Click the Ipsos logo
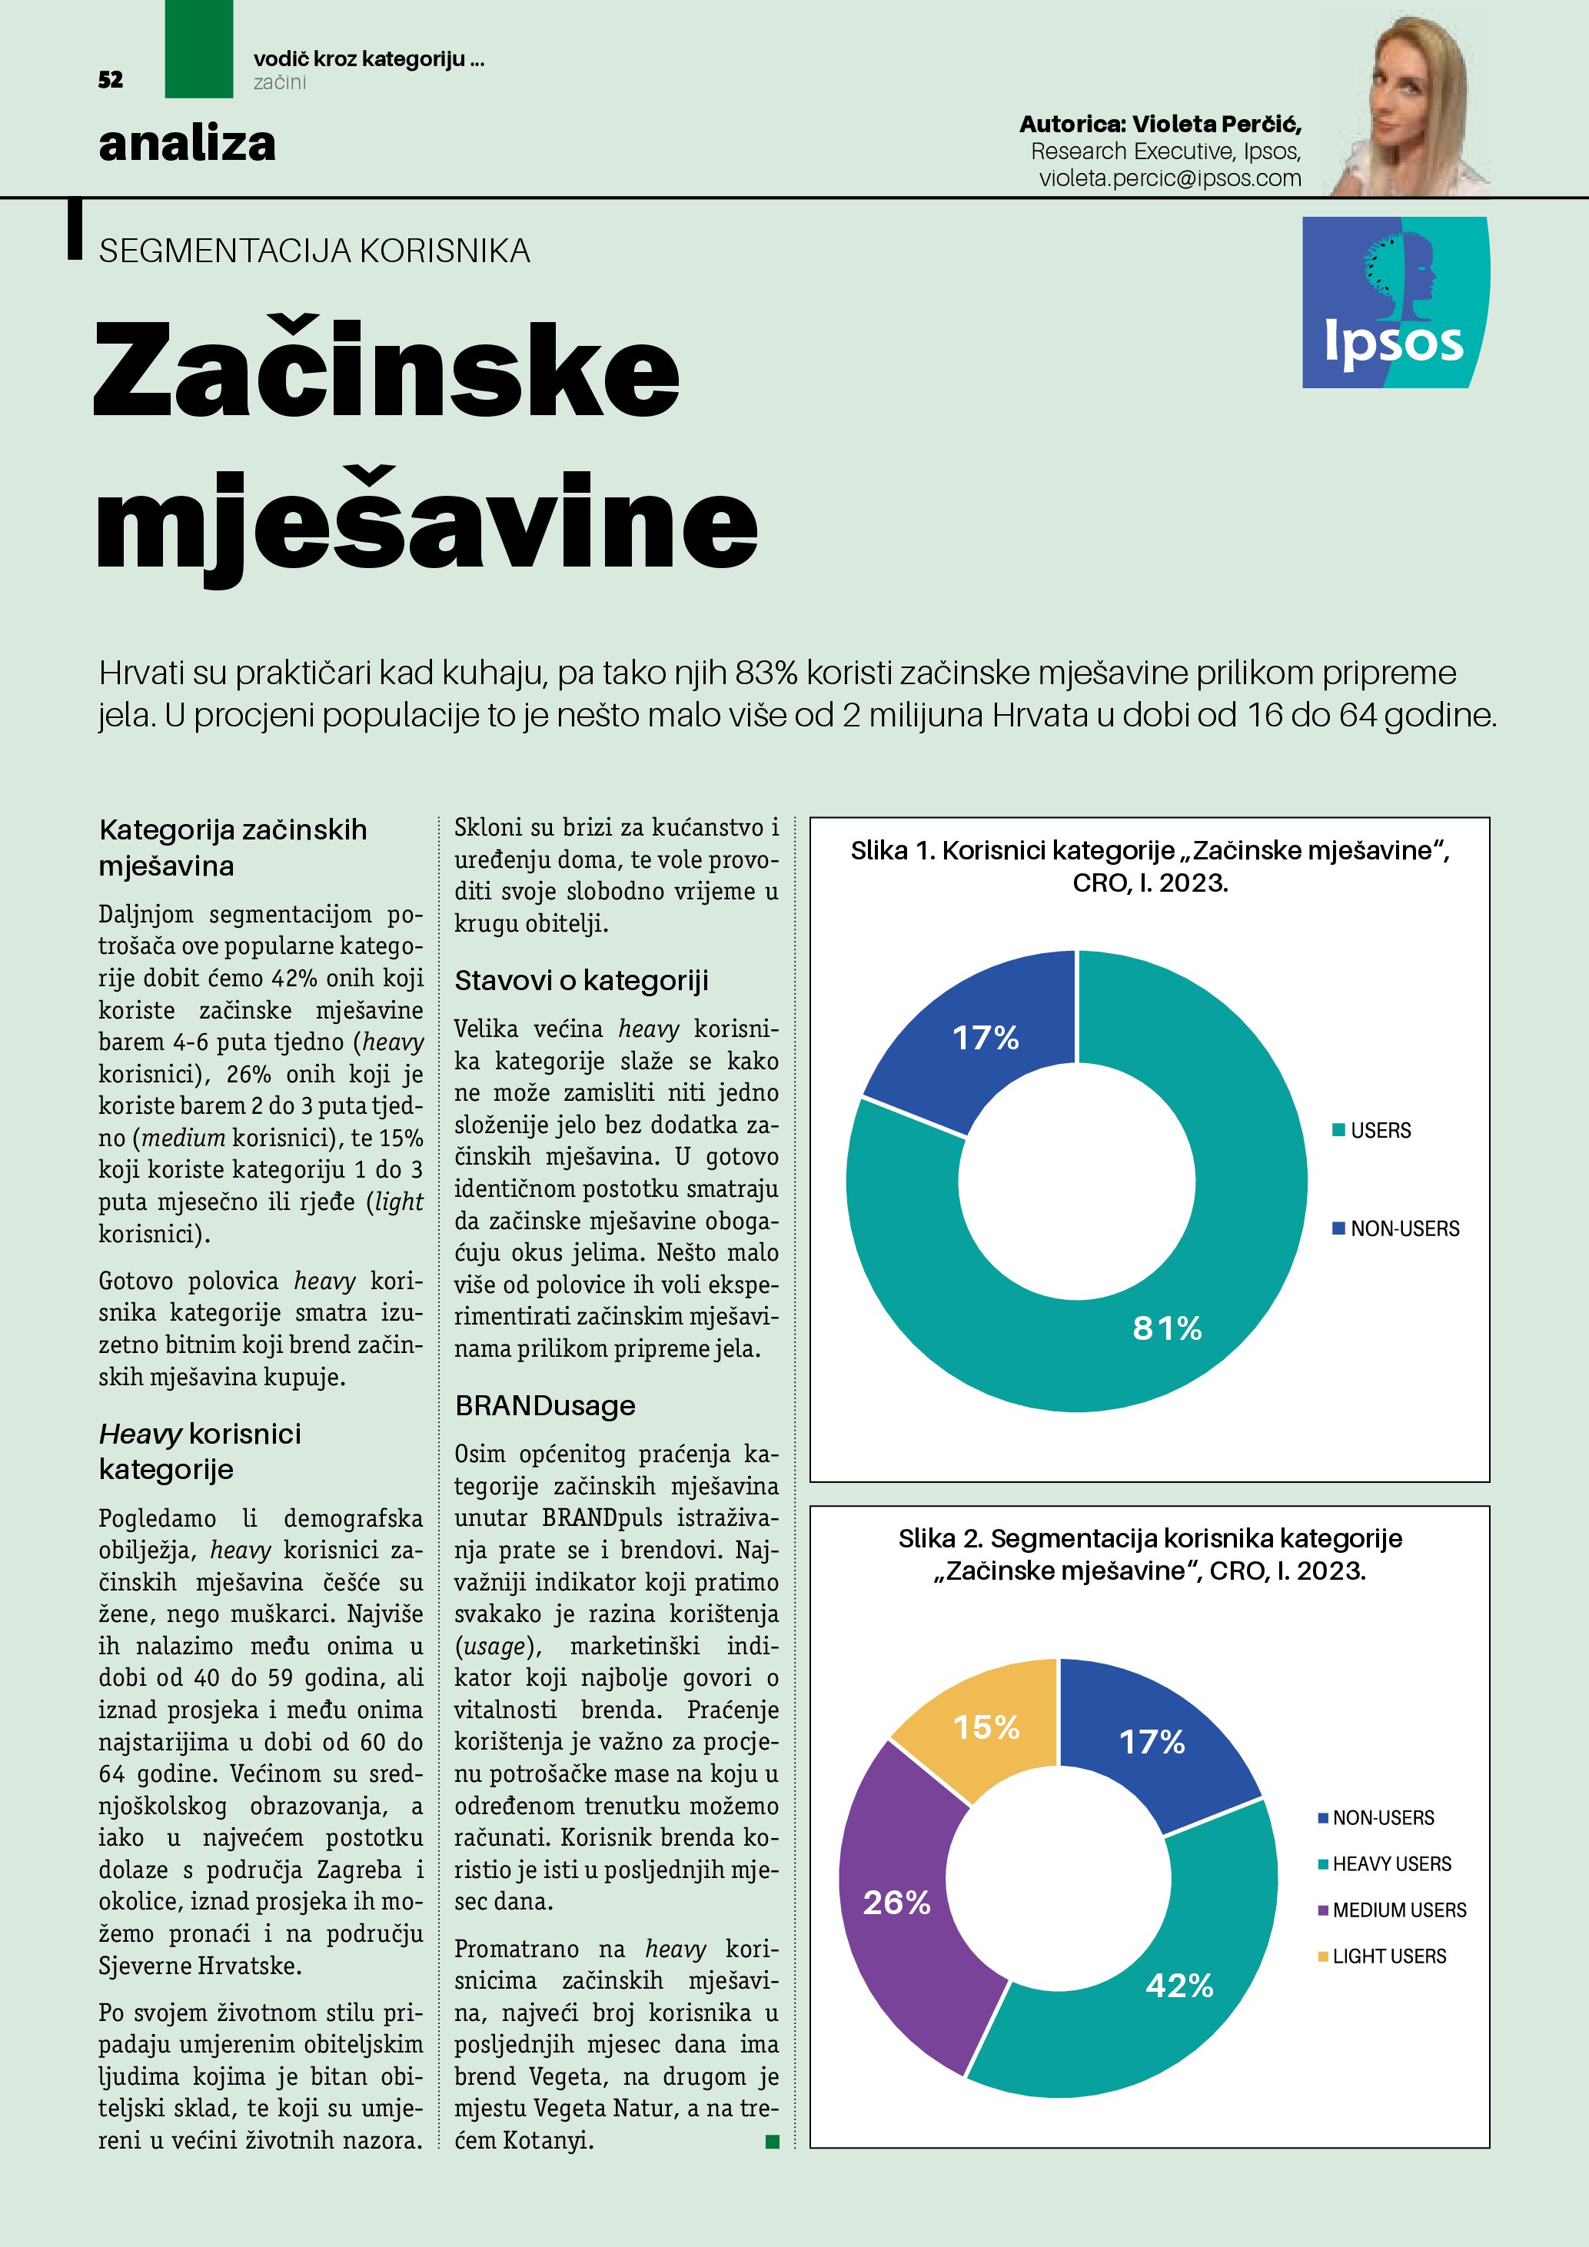[x=1395, y=302]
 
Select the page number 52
[x=111, y=80]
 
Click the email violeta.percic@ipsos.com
[x=1169, y=178]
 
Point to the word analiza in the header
[x=187, y=144]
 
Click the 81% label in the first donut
[x=1166, y=1328]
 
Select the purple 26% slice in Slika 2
[x=896, y=1902]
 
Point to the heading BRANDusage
[x=545, y=1405]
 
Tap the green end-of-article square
[x=772, y=2142]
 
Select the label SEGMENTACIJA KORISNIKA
[x=314, y=251]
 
